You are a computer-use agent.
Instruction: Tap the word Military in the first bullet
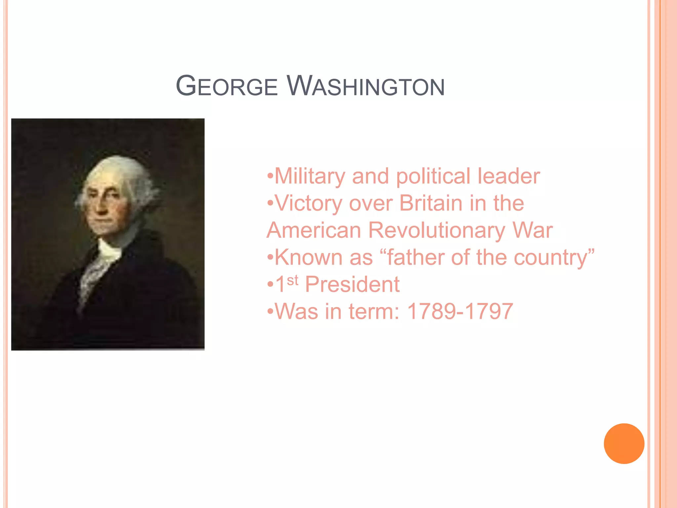click(x=310, y=176)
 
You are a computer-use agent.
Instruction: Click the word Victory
click(x=308, y=203)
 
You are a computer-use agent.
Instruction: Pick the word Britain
click(x=431, y=203)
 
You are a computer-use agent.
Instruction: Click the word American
click(x=314, y=230)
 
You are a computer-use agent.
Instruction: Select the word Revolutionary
click(x=436, y=231)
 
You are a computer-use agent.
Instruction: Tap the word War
click(x=533, y=230)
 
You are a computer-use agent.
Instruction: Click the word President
click(x=352, y=284)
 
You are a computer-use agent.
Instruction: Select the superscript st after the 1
click(x=293, y=280)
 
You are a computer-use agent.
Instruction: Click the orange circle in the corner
click(x=624, y=444)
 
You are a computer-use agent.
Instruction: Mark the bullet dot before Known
click(x=270, y=257)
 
